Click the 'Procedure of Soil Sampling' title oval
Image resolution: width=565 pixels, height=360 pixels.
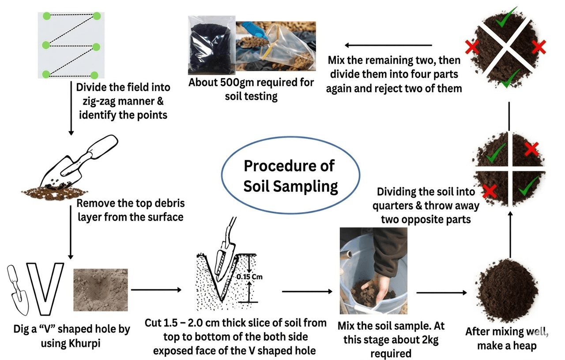pos(290,176)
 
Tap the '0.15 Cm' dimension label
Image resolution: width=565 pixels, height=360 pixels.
pos(249,277)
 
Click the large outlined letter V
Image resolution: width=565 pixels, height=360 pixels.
pos(45,287)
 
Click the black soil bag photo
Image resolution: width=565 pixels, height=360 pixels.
pos(211,45)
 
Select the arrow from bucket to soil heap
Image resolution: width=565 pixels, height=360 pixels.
pos(441,292)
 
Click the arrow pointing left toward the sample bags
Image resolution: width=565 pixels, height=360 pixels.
pos(388,45)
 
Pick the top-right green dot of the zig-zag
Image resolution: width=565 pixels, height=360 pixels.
pos(96,16)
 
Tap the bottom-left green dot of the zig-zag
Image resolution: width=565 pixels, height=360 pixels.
pos(46,74)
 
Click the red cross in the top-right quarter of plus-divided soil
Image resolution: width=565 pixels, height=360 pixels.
pos(532,149)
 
